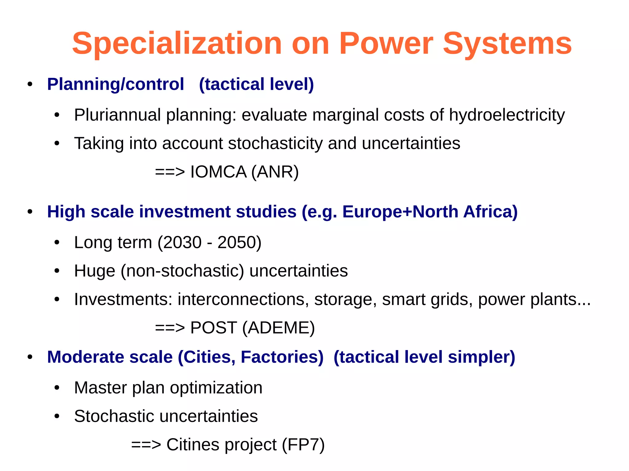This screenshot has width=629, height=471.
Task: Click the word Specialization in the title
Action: tap(177, 44)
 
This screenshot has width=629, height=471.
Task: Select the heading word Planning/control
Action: tap(115, 84)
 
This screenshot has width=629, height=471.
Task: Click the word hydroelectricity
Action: tap(507, 115)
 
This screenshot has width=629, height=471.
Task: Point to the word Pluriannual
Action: tap(117, 115)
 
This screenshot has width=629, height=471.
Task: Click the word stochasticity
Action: tap(275, 143)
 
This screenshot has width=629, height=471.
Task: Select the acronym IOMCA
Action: tap(218, 172)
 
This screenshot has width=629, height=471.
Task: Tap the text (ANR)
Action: tap(275, 172)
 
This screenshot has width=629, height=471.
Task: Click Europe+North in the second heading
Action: tap(400, 212)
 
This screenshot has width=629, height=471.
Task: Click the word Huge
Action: tap(95, 271)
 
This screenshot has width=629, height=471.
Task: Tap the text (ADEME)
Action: tap(278, 328)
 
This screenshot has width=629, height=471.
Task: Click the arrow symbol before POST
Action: tap(170, 328)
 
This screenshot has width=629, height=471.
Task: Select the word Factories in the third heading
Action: tap(282, 357)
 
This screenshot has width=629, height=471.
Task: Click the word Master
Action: tap(100, 388)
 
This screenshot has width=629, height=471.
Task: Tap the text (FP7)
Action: tap(303, 445)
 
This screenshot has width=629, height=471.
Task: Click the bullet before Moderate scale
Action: tap(30, 357)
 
